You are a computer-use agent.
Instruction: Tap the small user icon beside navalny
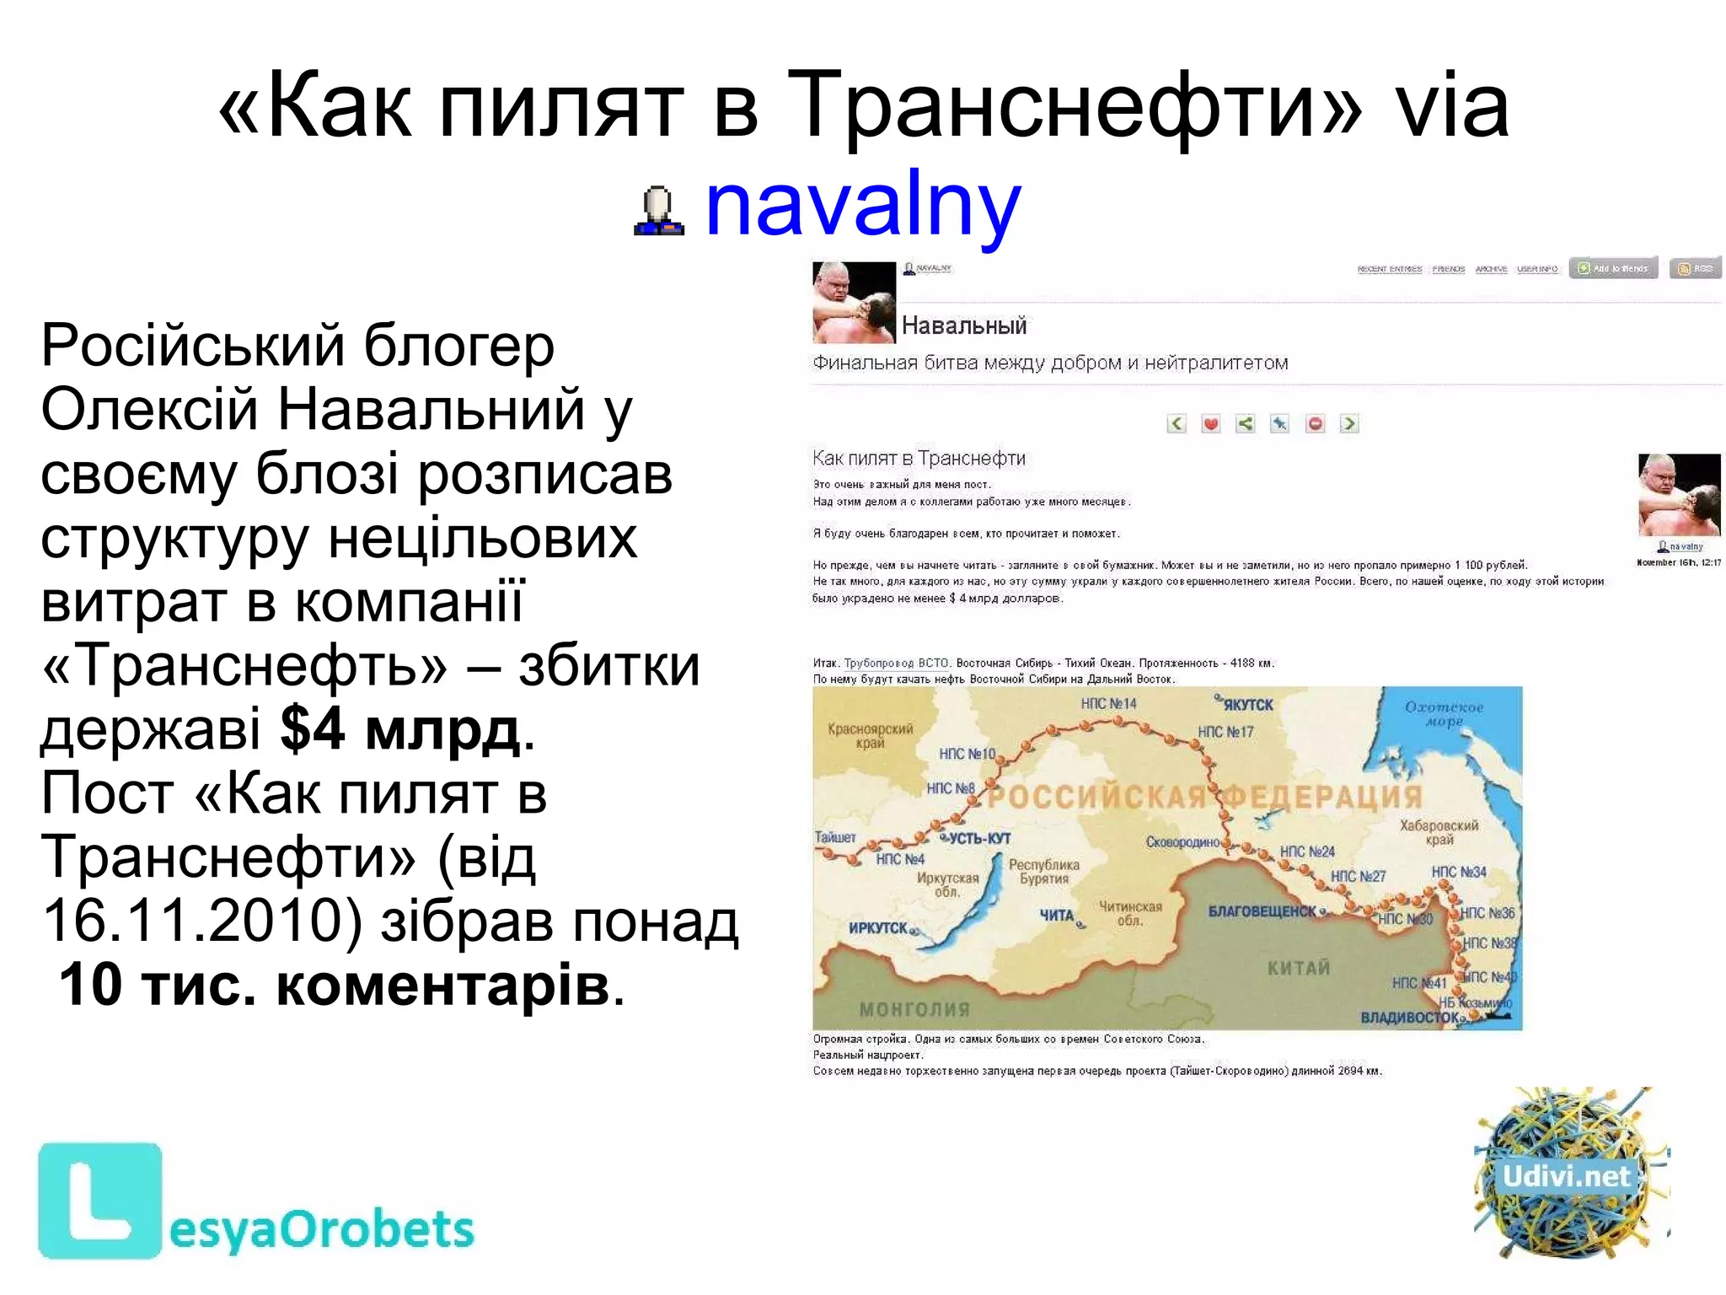(658, 211)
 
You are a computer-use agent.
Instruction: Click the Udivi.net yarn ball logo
(1569, 1174)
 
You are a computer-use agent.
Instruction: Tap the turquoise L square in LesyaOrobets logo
(99, 1200)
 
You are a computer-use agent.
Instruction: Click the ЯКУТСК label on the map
(1247, 705)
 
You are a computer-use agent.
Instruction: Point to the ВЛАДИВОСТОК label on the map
(1410, 1017)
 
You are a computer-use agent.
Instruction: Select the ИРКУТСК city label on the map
(878, 927)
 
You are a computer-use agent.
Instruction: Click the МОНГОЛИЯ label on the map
(914, 1008)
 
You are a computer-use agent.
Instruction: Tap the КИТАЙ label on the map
(1298, 967)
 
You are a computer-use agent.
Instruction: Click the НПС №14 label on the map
(1108, 703)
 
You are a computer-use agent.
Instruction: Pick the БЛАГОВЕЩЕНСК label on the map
(1262, 911)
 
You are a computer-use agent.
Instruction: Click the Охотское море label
(1444, 713)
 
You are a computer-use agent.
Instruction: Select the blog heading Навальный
(964, 325)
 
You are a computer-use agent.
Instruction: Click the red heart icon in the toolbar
(1211, 423)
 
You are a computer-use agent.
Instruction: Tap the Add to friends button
(1613, 268)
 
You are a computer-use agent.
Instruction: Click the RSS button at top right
(1695, 268)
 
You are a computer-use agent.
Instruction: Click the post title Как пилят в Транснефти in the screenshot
(919, 459)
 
